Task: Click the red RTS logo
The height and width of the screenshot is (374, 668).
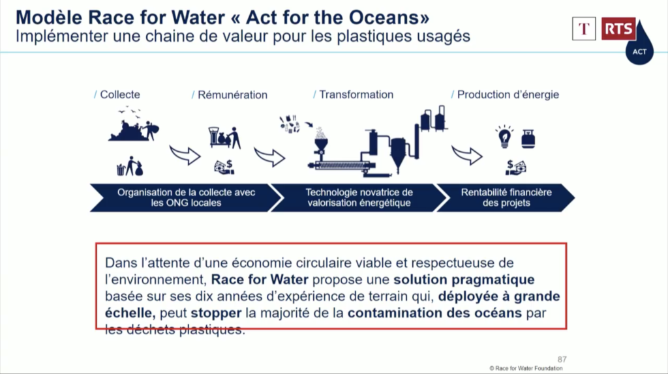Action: [x=618, y=29]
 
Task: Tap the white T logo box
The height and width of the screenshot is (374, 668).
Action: [x=584, y=29]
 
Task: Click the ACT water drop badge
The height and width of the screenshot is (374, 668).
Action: [x=639, y=49]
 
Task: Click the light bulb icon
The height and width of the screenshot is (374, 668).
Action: [x=504, y=137]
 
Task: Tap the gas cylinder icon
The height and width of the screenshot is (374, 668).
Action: [x=528, y=139]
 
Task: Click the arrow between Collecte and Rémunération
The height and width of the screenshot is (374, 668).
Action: [x=185, y=155]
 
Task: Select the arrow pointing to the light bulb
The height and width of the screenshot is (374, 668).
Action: [x=467, y=155]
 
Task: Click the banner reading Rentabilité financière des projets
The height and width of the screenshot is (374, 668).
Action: [x=506, y=197]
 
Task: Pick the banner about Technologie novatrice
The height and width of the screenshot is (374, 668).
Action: [x=359, y=197]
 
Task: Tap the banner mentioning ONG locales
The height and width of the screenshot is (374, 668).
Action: [x=186, y=197]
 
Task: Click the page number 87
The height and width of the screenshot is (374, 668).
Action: [x=562, y=360]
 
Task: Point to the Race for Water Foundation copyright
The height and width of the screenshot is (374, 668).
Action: [x=526, y=369]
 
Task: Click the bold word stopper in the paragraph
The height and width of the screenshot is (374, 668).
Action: [x=216, y=313]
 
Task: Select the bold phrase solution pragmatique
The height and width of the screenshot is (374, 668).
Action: [x=464, y=280]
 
